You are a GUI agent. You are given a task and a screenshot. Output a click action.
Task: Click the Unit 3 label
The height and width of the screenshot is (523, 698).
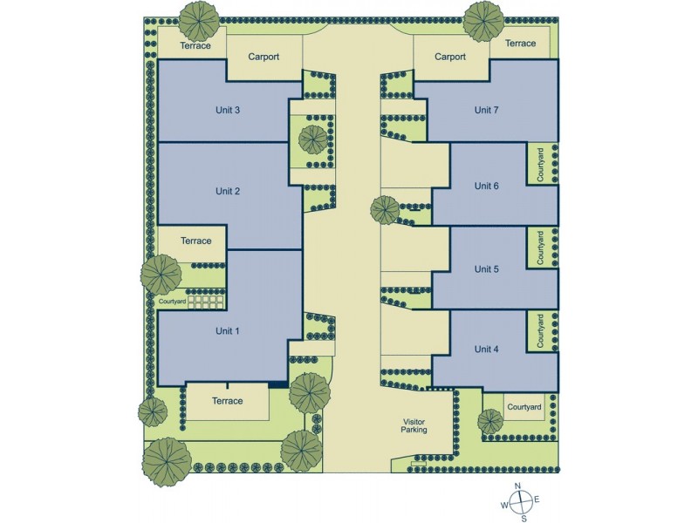pyautogui.click(x=228, y=110)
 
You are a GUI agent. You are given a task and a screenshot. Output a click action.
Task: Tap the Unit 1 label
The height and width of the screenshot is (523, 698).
pyautogui.click(x=228, y=331)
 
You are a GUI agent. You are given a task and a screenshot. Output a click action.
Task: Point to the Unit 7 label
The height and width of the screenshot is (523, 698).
pyautogui.click(x=487, y=110)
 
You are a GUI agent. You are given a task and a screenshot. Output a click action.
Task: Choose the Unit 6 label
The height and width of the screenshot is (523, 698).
pyautogui.click(x=487, y=186)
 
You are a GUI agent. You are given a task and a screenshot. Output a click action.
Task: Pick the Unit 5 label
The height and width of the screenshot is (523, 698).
pyautogui.click(x=487, y=269)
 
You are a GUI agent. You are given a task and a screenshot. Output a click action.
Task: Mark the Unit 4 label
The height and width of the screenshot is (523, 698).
pyautogui.click(x=487, y=349)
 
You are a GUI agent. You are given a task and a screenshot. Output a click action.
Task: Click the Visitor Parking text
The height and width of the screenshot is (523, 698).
pyautogui.click(x=414, y=425)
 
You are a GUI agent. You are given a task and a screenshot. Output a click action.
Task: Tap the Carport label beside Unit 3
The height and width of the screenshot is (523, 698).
pyautogui.click(x=263, y=58)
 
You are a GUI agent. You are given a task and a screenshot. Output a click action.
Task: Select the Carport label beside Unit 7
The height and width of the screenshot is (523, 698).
pyautogui.click(x=450, y=58)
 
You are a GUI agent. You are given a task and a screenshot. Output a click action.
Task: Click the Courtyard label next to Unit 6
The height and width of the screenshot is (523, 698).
pyautogui.click(x=542, y=163)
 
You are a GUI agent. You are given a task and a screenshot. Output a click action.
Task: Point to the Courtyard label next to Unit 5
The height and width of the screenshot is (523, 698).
pyautogui.click(x=542, y=248)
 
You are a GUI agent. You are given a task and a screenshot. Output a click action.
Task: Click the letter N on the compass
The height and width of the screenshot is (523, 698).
pyautogui.click(x=517, y=486)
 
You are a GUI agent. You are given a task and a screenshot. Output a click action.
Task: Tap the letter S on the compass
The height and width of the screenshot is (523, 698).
pyautogui.click(x=523, y=518)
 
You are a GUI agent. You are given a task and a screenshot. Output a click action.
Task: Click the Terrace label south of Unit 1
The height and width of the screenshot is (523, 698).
pyautogui.click(x=228, y=401)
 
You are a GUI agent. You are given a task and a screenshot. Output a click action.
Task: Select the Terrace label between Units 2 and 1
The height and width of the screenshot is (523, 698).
pyautogui.click(x=196, y=241)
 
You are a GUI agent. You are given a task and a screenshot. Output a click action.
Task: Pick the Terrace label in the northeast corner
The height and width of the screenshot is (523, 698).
pyautogui.click(x=521, y=44)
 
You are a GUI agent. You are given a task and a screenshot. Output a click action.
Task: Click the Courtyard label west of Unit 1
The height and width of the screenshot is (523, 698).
pyautogui.click(x=173, y=302)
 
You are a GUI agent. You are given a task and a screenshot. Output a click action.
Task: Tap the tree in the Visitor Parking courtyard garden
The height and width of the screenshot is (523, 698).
pyautogui.click(x=490, y=421)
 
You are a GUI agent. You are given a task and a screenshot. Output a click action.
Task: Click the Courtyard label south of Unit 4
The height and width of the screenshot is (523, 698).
pyautogui.click(x=524, y=407)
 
